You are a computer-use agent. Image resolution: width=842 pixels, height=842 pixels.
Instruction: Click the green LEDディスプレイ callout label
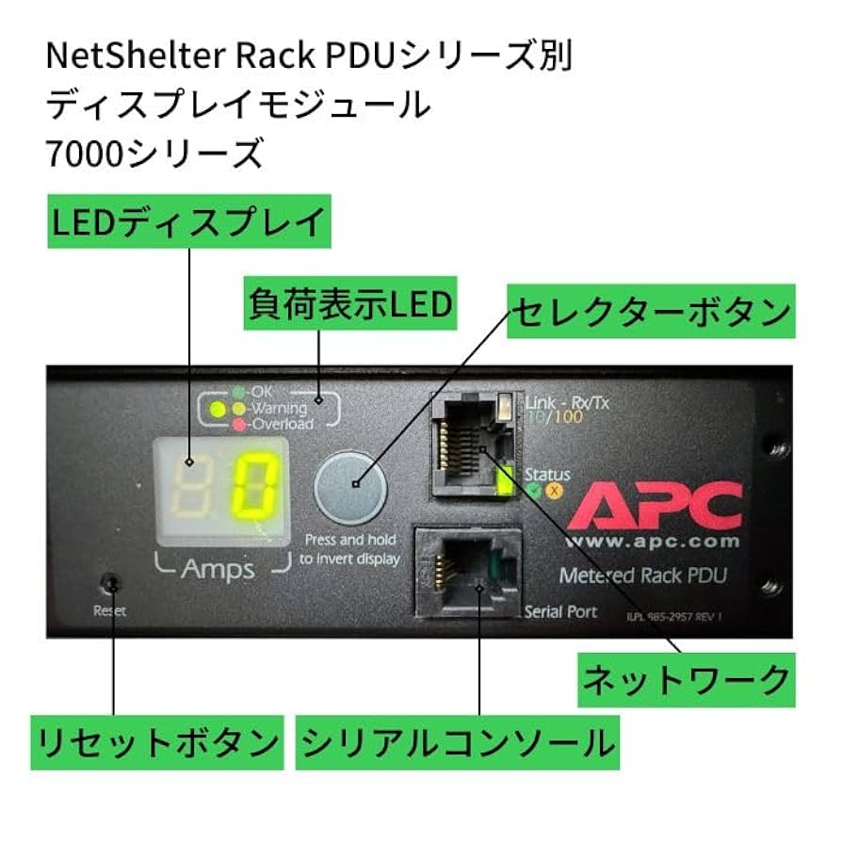188,223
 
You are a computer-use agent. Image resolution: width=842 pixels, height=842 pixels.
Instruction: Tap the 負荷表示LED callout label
349,303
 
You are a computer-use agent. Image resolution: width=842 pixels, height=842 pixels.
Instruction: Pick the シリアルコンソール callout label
457,743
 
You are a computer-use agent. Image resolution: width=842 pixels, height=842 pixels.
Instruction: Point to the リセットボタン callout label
156,743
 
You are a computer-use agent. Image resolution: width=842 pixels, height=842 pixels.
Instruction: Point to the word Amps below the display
218,570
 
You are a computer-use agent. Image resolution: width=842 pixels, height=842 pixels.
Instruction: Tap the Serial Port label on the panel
561,611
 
